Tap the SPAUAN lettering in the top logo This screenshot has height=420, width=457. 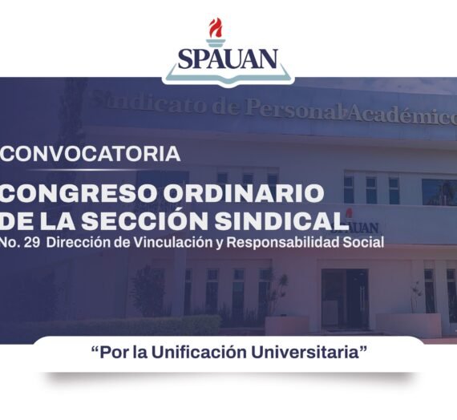coord(228,59)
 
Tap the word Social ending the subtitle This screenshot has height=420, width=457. coord(366,241)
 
